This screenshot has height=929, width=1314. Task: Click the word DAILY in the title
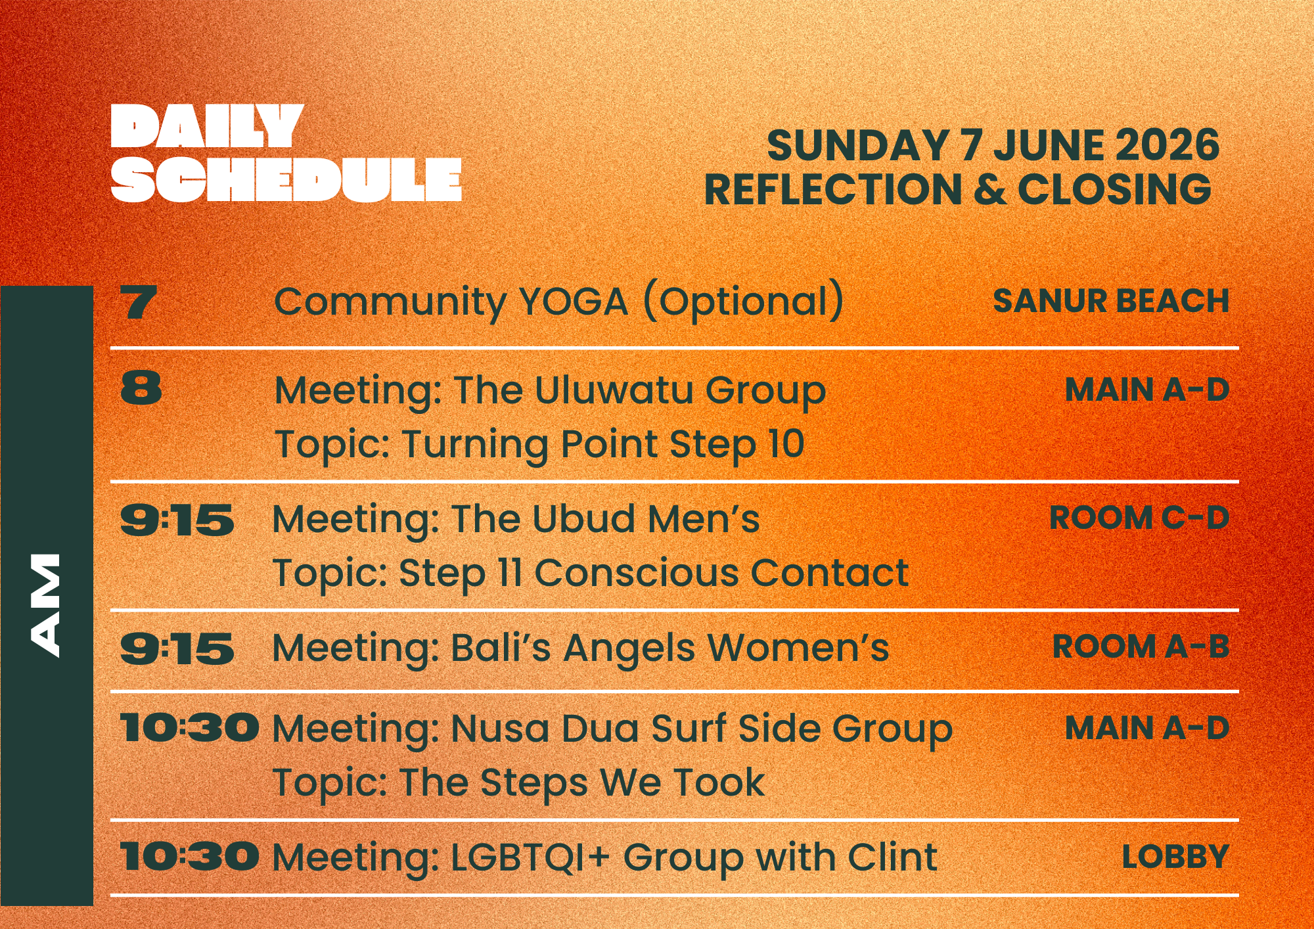pos(207,126)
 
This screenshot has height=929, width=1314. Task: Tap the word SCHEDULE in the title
pos(286,179)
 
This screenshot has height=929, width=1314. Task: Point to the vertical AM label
pos(45,605)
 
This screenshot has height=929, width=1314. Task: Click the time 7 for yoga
pos(139,302)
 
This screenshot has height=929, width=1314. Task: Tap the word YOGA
pos(574,302)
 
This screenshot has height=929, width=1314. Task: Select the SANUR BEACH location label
pos(1111,301)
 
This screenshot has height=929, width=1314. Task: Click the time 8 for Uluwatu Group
pos(141,388)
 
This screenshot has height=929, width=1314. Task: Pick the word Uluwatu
pos(614,390)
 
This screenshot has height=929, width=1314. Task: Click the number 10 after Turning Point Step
pos(786,443)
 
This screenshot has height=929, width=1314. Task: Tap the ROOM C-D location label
pos(1139,518)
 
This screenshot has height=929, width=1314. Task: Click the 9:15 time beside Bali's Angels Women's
pos(177,648)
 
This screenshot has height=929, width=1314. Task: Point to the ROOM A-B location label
pos(1141,646)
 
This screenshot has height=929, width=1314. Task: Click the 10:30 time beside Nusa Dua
pos(190,729)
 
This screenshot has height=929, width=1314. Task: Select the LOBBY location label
pos(1175,857)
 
